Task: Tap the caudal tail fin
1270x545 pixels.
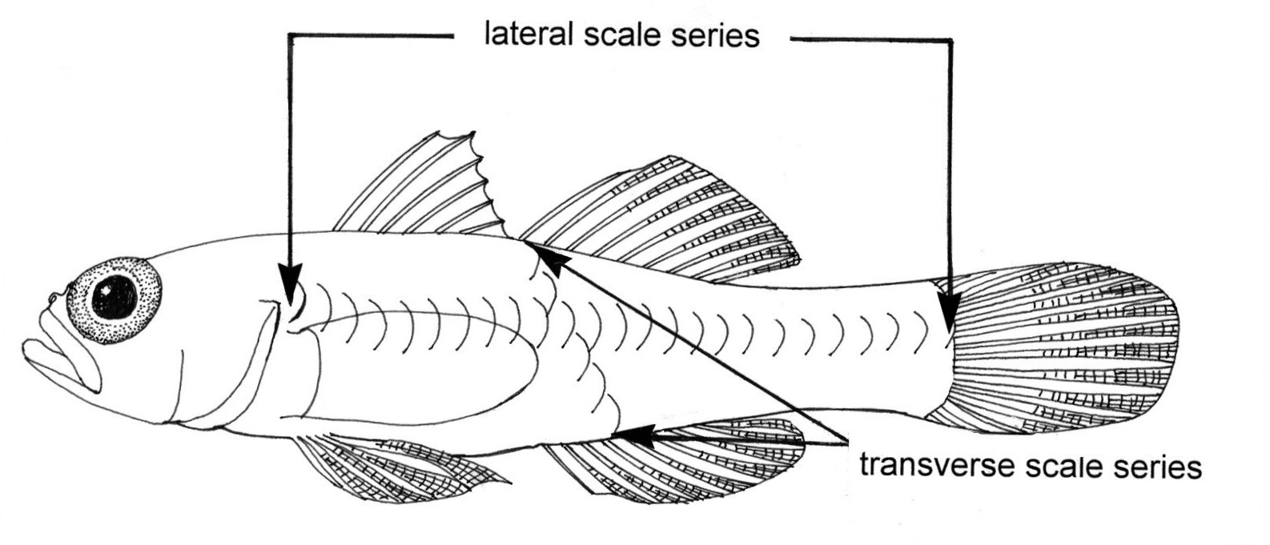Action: point(1065,344)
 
